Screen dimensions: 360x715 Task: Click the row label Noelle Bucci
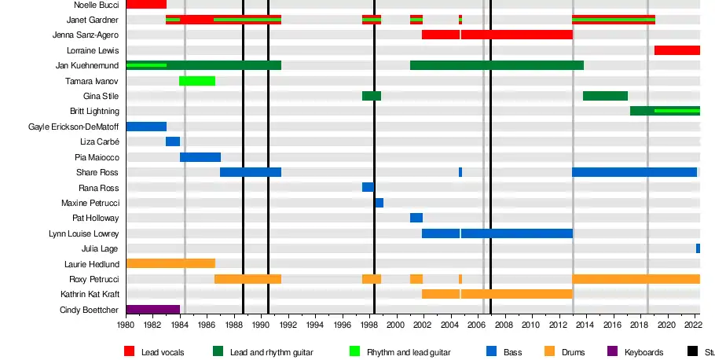pos(97,5)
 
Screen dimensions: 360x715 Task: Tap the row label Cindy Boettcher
pos(90,310)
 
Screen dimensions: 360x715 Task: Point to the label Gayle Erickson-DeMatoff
pos(74,127)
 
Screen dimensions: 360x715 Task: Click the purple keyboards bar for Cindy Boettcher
pos(152,310)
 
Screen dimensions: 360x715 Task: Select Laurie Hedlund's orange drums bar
pos(170,263)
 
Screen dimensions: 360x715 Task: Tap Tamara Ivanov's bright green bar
pos(197,81)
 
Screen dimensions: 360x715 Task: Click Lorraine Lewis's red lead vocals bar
pos(676,50)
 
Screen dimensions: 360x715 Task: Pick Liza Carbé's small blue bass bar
pos(173,141)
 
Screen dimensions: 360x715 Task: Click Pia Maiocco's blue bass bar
pos(200,157)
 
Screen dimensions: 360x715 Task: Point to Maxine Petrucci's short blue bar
pos(379,203)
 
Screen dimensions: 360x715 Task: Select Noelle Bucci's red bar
pos(146,5)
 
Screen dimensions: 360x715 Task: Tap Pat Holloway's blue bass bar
pos(416,218)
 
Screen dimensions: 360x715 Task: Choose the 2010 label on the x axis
pos(531,324)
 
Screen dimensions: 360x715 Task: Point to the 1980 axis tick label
pos(126,324)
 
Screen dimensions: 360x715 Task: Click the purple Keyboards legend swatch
pos(613,352)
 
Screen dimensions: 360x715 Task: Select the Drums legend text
pos(573,352)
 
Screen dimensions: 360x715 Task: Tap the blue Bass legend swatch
pos(491,352)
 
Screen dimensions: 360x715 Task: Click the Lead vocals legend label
pos(163,352)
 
